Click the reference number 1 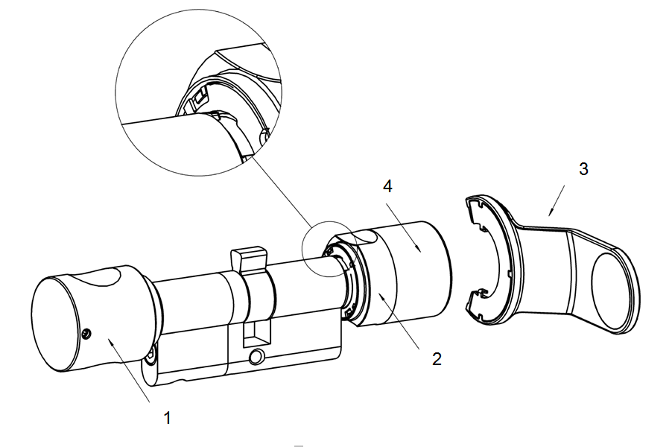tap(168, 418)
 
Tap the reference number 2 tap(437, 358)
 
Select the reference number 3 tap(583, 169)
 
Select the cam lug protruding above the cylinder tap(248, 260)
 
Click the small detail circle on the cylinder tap(328, 249)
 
